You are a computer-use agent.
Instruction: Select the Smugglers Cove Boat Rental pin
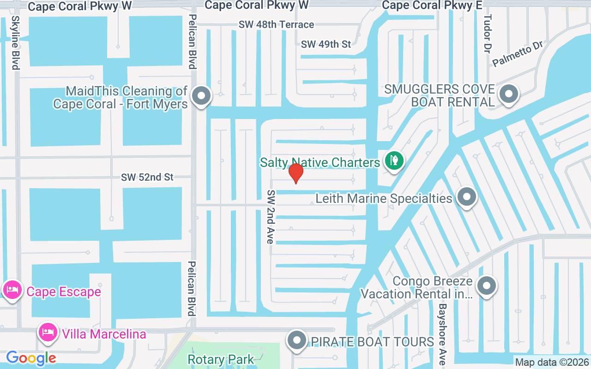509,95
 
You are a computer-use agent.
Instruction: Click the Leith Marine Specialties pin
466,197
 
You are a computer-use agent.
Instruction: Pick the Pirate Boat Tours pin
297,341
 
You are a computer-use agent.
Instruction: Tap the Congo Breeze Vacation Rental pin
486,286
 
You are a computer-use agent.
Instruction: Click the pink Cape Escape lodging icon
11,291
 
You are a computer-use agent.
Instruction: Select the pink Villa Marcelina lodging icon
48,332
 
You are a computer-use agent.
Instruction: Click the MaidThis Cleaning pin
201,96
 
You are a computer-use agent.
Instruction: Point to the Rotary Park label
221,359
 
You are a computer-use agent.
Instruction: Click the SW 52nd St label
147,177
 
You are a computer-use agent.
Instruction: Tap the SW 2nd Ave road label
271,216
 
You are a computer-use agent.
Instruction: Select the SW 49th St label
326,44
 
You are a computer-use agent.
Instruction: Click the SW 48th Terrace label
276,24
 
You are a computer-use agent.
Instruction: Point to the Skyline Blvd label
15,43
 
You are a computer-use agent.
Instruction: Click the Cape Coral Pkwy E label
432,5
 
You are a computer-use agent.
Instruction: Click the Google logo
31,357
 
